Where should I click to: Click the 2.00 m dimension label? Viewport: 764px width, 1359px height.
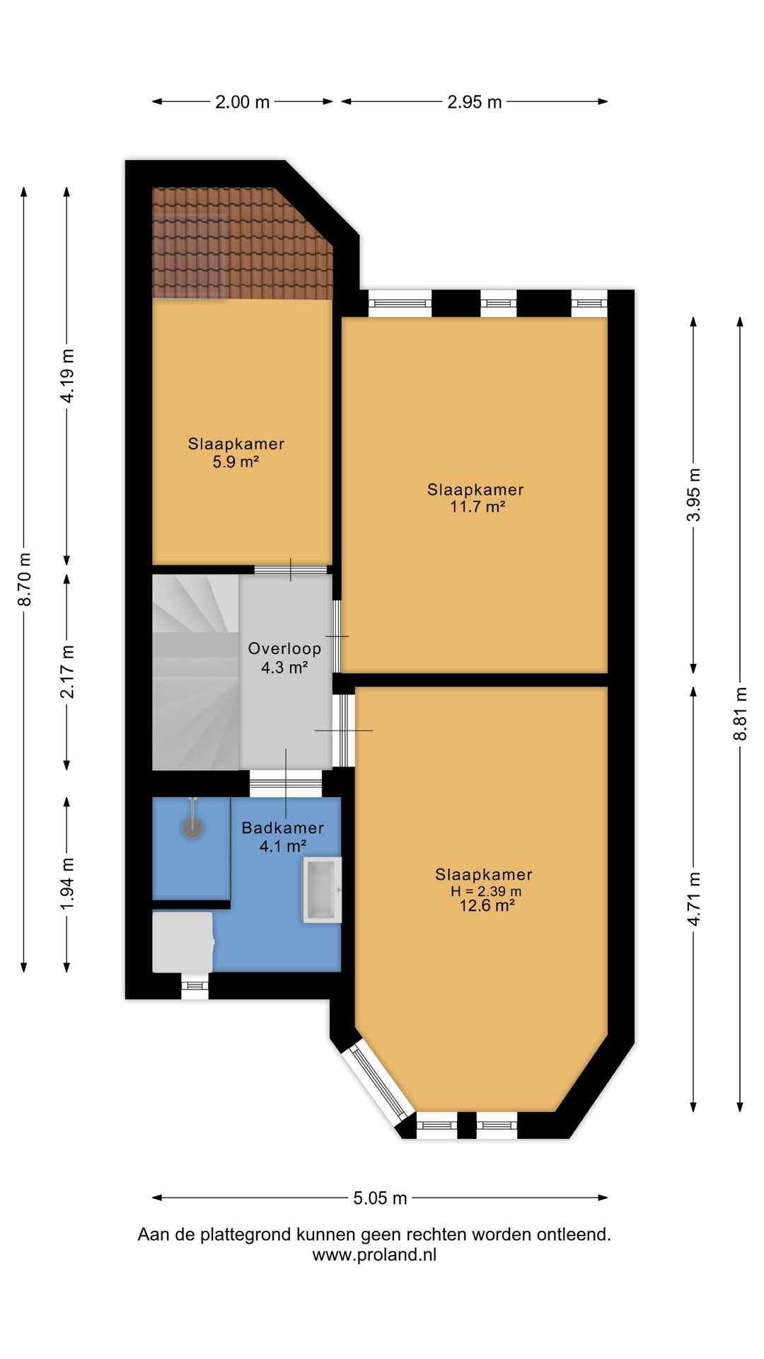point(243,102)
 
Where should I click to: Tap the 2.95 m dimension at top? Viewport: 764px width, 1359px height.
point(475,102)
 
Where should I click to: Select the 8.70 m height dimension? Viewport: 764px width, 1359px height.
point(25,579)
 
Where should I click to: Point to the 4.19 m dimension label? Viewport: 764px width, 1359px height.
point(67,376)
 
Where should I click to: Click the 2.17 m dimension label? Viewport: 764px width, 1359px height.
point(67,672)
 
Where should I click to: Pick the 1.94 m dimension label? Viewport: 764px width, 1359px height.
point(67,884)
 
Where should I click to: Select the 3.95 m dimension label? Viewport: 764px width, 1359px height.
point(694,495)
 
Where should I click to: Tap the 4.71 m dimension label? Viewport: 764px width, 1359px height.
point(694,899)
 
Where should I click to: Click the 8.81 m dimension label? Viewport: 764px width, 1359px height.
point(740,714)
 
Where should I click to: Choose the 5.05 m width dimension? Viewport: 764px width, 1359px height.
point(381,1198)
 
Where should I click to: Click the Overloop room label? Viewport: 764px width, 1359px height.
point(284,648)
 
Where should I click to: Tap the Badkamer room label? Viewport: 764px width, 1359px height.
point(283,827)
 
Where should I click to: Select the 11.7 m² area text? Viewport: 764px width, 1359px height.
point(477,507)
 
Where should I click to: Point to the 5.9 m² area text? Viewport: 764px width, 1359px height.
point(236,461)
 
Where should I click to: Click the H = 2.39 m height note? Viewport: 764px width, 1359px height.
point(486,891)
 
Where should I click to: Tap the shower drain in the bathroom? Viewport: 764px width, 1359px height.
point(192,827)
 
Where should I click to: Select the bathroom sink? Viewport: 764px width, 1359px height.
point(323,890)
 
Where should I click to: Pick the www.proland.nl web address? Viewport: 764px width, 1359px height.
point(374,1255)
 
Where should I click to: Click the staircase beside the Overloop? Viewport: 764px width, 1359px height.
point(196,672)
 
